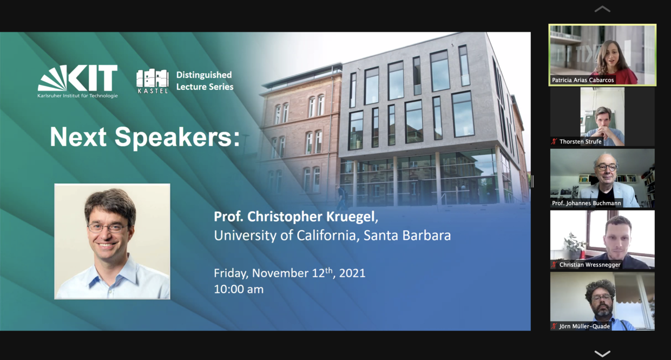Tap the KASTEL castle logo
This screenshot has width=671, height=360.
[x=152, y=81]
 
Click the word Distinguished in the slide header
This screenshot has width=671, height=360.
[x=204, y=75]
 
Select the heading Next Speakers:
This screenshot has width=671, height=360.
[x=145, y=138]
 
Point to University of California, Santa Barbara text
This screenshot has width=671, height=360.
[x=332, y=235]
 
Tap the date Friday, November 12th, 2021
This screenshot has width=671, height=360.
[x=290, y=273]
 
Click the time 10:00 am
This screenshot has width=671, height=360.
[x=239, y=289]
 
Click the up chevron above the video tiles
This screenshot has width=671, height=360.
[x=602, y=9]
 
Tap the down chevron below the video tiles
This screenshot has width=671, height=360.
[x=602, y=354]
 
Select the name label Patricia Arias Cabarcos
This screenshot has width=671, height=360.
[x=583, y=80]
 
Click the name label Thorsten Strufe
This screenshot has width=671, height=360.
[x=581, y=141]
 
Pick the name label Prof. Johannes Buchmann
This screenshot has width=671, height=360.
[x=587, y=203]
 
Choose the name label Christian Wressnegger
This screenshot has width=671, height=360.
[x=590, y=265]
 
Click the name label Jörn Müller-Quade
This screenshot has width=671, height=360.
[x=584, y=326]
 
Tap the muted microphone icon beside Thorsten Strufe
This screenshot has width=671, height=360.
[x=555, y=141]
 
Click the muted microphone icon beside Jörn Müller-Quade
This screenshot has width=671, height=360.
[x=555, y=326]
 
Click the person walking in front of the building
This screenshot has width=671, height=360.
[x=342, y=197]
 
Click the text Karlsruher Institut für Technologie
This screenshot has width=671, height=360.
[x=77, y=96]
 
